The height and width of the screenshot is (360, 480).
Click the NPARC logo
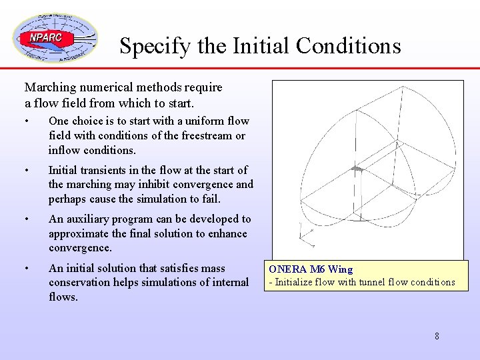(55, 38)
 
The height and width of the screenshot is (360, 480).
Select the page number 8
(437, 336)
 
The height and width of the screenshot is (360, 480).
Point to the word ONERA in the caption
(289, 269)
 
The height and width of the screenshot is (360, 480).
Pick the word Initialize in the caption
(296, 282)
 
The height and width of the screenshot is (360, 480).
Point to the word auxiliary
(89, 219)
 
